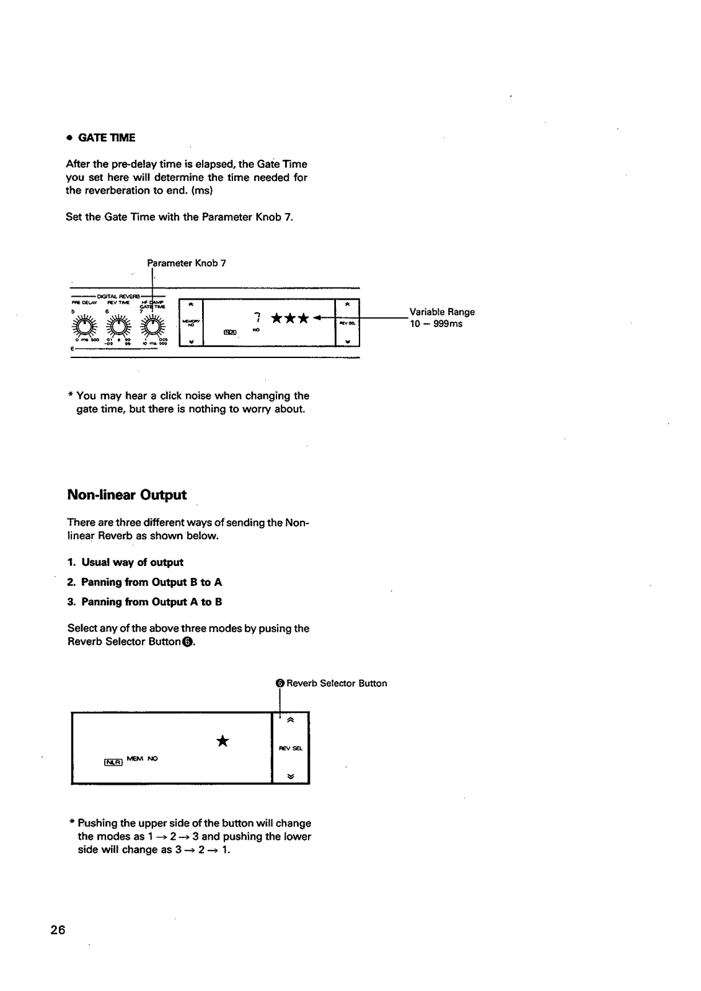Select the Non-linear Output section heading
pos(126,495)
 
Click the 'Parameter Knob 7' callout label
pos(187,263)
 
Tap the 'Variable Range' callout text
pos(442,312)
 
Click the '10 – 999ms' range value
pos(436,324)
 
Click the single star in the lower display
pos(223,741)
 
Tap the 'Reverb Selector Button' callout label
pos(336,683)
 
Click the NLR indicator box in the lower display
pos(113,761)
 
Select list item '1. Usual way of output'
pos(126,562)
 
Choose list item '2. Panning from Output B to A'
pos(144,582)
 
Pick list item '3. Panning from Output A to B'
pos(144,602)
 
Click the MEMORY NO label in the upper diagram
pos(190,322)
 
